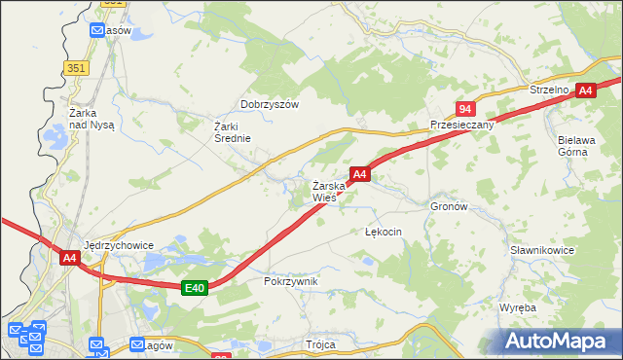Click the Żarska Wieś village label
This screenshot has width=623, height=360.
pos(324,191)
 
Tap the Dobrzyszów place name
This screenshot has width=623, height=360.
pos(269,104)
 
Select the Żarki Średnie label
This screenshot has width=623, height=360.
pos(233,131)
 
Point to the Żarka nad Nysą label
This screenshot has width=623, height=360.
pos(92,119)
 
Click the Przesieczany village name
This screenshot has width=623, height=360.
pos(461,126)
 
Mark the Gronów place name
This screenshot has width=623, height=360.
pos(449,207)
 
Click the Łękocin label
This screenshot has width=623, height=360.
pos(383,233)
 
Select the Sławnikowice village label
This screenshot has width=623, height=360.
pos(542,250)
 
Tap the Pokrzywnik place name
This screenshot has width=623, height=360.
pos(291,281)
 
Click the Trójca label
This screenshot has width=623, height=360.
pos(319,345)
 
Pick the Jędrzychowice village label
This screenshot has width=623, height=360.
pos(120,245)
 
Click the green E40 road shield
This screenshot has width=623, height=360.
pos(195,287)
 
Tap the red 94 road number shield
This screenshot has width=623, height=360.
pos(465,109)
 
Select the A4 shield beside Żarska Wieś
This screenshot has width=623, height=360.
pos(359,174)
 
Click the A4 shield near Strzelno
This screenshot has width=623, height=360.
pos(584,90)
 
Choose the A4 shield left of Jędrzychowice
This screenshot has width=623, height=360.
pos(69,258)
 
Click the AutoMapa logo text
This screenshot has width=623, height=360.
pos(559,341)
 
